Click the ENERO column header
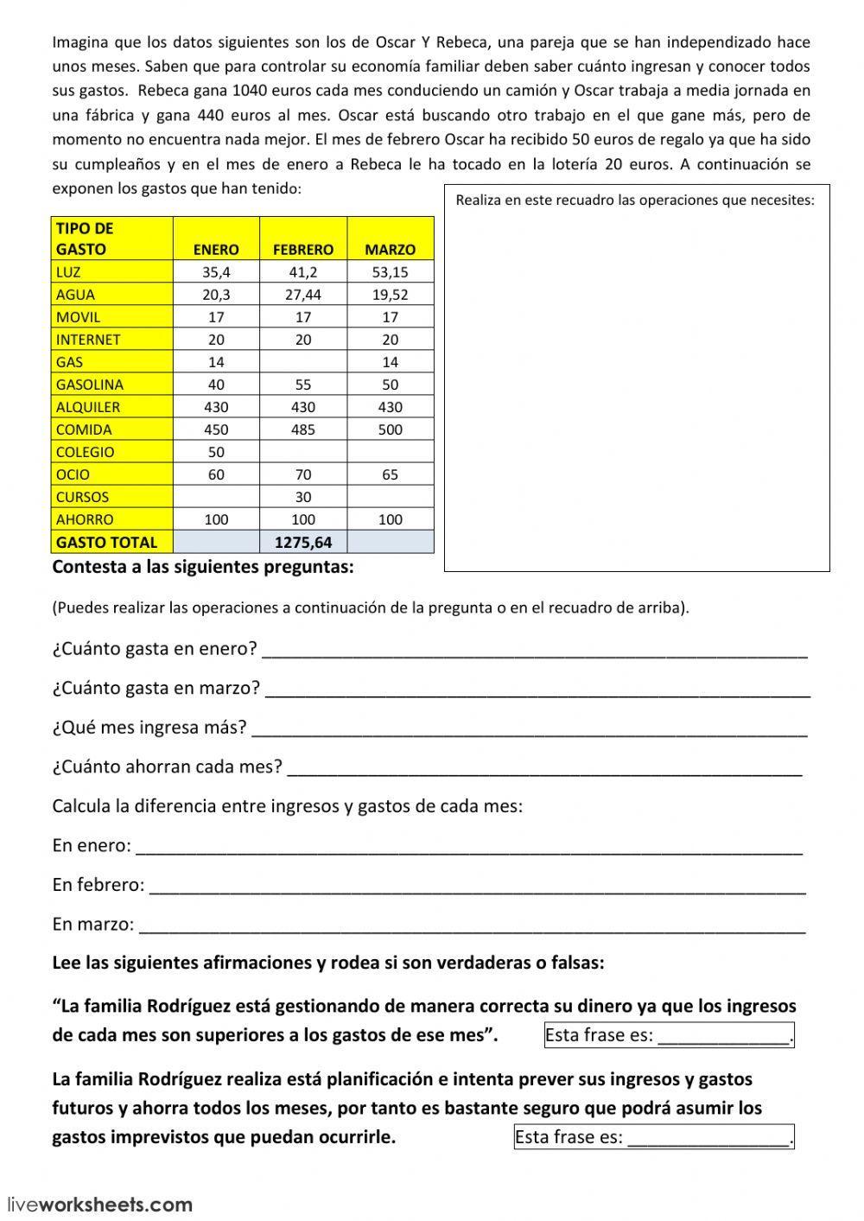(216, 249)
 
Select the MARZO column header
(390, 249)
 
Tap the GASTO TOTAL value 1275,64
(303, 543)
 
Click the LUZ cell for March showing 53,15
(390, 272)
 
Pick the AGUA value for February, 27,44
(303, 295)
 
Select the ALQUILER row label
(88, 407)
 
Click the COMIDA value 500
(390, 429)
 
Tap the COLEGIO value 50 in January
(216, 452)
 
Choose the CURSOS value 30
(303, 497)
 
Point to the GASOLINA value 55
(303, 385)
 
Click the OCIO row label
(73, 474)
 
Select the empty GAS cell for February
(303, 362)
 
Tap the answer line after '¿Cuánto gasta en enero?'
(534, 650)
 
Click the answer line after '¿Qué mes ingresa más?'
(528, 728)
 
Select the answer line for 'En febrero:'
(478, 886)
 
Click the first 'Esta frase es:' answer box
(668, 1035)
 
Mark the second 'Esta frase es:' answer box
(653, 1137)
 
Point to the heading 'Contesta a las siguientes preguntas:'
(203, 568)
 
